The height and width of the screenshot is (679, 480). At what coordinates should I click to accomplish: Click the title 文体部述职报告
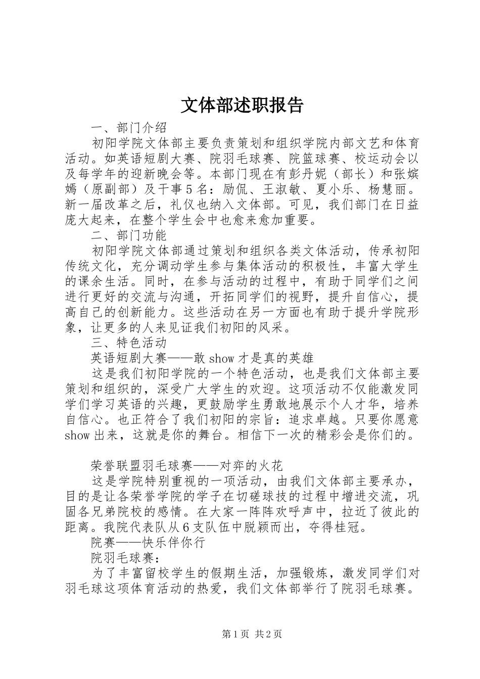click(242, 105)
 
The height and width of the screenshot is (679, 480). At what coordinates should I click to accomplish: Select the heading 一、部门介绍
click(128, 126)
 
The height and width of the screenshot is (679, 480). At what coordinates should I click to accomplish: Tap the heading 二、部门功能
click(128, 235)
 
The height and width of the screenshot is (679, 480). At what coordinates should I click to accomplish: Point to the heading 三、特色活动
click(128, 343)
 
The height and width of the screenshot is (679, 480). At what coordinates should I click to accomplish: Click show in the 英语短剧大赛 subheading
click(221, 359)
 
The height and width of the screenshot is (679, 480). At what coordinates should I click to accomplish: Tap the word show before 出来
click(77, 435)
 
